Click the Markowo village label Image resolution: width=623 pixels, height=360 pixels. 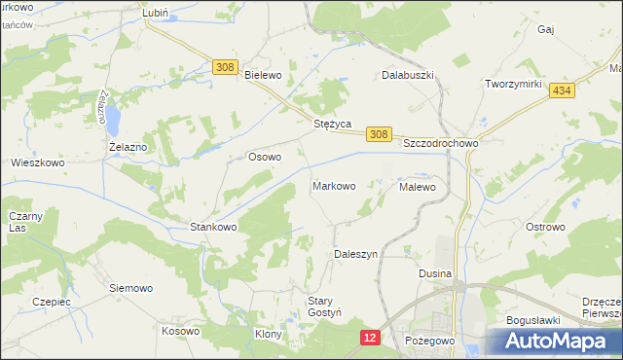tap(333, 185)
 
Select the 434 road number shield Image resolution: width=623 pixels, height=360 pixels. tap(559, 90)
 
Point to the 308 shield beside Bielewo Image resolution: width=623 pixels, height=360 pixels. tap(225, 66)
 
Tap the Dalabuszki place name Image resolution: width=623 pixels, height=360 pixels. tap(407, 74)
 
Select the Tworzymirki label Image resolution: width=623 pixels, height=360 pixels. tap(513, 85)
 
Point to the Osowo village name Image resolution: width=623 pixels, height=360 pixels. tap(265, 157)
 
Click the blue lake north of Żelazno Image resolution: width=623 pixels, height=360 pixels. tap(114, 120)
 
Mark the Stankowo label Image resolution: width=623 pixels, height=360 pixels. tap(213, 227)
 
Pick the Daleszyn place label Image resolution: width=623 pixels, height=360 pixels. tap(356, 254)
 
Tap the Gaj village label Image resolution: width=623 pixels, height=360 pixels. tap(545, 30)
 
